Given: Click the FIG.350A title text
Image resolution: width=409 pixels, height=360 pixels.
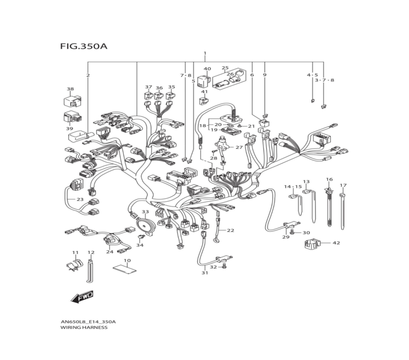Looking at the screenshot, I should (83, 46).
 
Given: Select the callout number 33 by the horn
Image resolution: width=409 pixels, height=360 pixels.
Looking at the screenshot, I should (145, 212).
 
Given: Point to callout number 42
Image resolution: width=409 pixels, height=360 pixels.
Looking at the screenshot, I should (336, 243).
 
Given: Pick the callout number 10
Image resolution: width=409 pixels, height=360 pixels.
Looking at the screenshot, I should (127, 261).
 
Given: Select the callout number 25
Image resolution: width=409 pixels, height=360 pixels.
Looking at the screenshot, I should (225, 68).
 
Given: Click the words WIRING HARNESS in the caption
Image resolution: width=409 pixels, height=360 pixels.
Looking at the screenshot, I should (84, 328).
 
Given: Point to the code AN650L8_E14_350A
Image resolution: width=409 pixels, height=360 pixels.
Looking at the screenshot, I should (88, 322).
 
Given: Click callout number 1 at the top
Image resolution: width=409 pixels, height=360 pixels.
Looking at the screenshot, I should (205, 54).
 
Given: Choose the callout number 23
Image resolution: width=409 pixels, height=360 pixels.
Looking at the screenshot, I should (80, 200).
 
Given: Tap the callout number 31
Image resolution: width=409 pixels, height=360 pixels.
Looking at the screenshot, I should (204, 273).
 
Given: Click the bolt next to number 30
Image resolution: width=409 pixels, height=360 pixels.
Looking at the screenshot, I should (292, 232).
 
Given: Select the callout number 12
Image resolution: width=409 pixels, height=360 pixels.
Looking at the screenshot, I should (91, 252).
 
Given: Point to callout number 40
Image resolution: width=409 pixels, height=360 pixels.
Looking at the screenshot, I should (207, 69).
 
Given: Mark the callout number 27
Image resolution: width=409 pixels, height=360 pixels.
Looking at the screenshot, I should (239, 147).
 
